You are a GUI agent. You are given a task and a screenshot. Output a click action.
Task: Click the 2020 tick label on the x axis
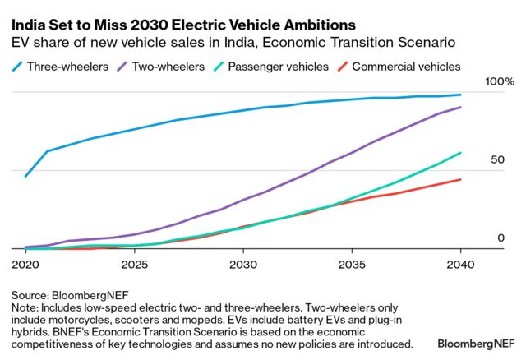point(25,265)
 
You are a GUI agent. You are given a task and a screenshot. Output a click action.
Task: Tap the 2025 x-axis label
point(134,265)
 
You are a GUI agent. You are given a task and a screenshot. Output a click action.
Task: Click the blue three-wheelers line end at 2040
point(460,95)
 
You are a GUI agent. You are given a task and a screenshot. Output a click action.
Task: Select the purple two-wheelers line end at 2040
point(460,107)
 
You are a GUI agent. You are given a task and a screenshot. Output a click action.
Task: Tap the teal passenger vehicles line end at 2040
point(460,152)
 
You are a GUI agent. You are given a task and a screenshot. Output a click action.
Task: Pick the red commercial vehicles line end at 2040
point(460,179)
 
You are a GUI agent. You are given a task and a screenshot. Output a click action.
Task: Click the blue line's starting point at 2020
point(25,176)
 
